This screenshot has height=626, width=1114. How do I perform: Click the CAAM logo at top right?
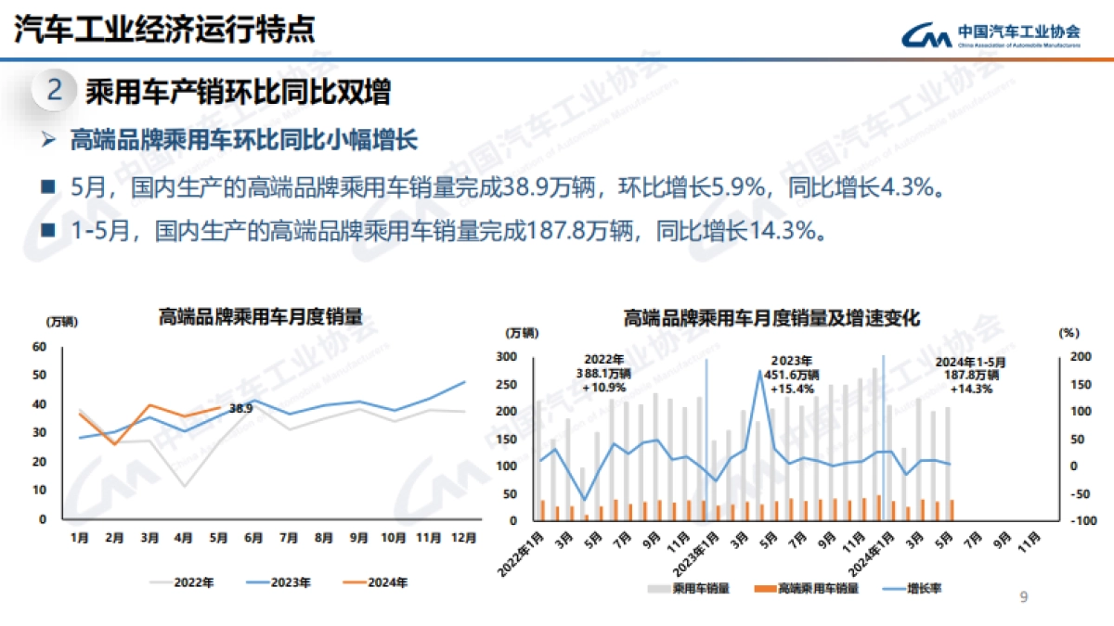click(991, 33)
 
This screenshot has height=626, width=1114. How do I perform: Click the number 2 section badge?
click(55, 91)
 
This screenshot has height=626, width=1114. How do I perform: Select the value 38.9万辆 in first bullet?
click(550, 189)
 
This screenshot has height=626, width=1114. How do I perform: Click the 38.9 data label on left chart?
click(240, 409)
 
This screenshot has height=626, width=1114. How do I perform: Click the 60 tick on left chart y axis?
click(39, 347)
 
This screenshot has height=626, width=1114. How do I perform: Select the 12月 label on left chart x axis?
click(463, 536)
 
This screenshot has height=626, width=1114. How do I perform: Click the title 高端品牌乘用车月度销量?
click(260, 316)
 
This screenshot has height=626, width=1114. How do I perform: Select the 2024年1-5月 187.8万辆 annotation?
click(970, 376)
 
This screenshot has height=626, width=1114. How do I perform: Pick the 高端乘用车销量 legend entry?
click(807, 587)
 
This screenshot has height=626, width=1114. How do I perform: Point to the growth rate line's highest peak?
click(760, 373)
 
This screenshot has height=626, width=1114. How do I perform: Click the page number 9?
click(1023, 597)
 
